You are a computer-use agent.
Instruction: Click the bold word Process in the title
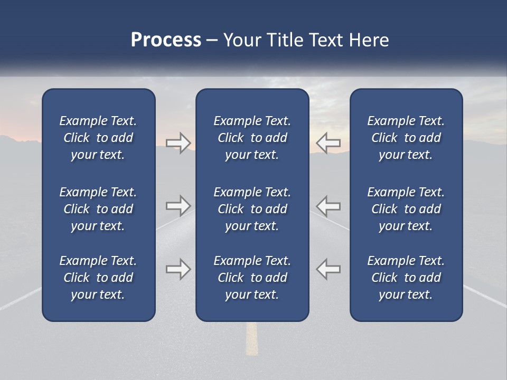click(166, 40)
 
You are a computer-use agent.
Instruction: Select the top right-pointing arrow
click(178, 143)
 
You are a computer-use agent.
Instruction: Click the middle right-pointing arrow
click(178, 205)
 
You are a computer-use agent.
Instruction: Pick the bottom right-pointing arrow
click(178, 269)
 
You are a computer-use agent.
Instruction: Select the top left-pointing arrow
click(328, 143)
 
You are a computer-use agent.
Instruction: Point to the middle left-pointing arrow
click(328, 205)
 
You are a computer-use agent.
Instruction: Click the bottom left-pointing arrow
click(328, 269)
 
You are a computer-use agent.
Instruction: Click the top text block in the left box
click(98, 138)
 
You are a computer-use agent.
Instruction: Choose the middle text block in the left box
click(98, 209)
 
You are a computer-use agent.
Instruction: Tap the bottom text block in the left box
click(98, 278)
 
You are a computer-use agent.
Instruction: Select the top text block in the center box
click(252, 138)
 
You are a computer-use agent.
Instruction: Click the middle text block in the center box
click(252, 209)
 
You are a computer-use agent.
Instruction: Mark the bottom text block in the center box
click(252, 278)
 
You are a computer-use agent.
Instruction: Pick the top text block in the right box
click(406, 138)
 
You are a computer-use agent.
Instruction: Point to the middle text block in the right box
click(406, 209)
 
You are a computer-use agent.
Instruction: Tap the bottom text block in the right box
click(406, 278)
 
